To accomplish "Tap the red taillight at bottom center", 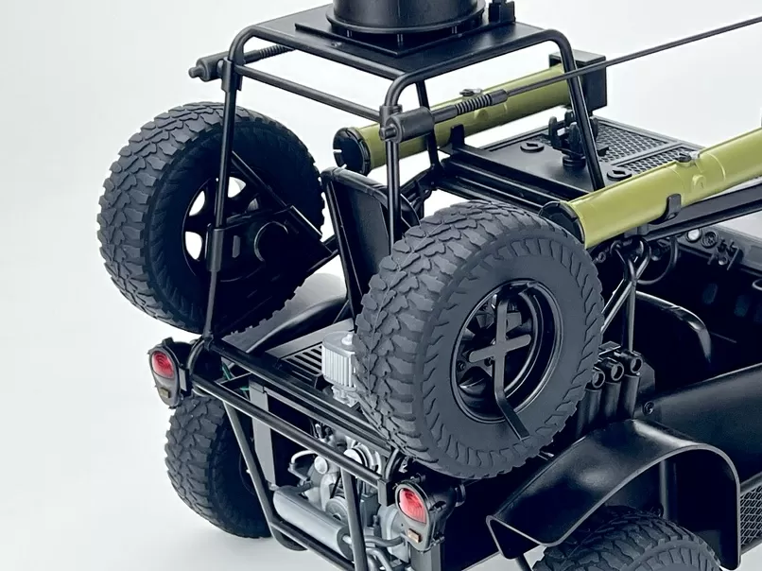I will (x=411, y=505).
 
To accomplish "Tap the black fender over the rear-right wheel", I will (x=652, y=473).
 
